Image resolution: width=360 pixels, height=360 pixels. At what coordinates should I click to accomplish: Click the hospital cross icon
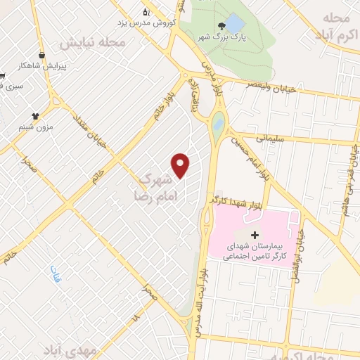[x=255, y=233]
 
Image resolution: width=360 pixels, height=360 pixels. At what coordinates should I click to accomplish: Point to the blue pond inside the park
[x=234, y=25]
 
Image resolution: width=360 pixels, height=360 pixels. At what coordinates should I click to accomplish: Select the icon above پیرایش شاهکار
[x=43, y=55]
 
